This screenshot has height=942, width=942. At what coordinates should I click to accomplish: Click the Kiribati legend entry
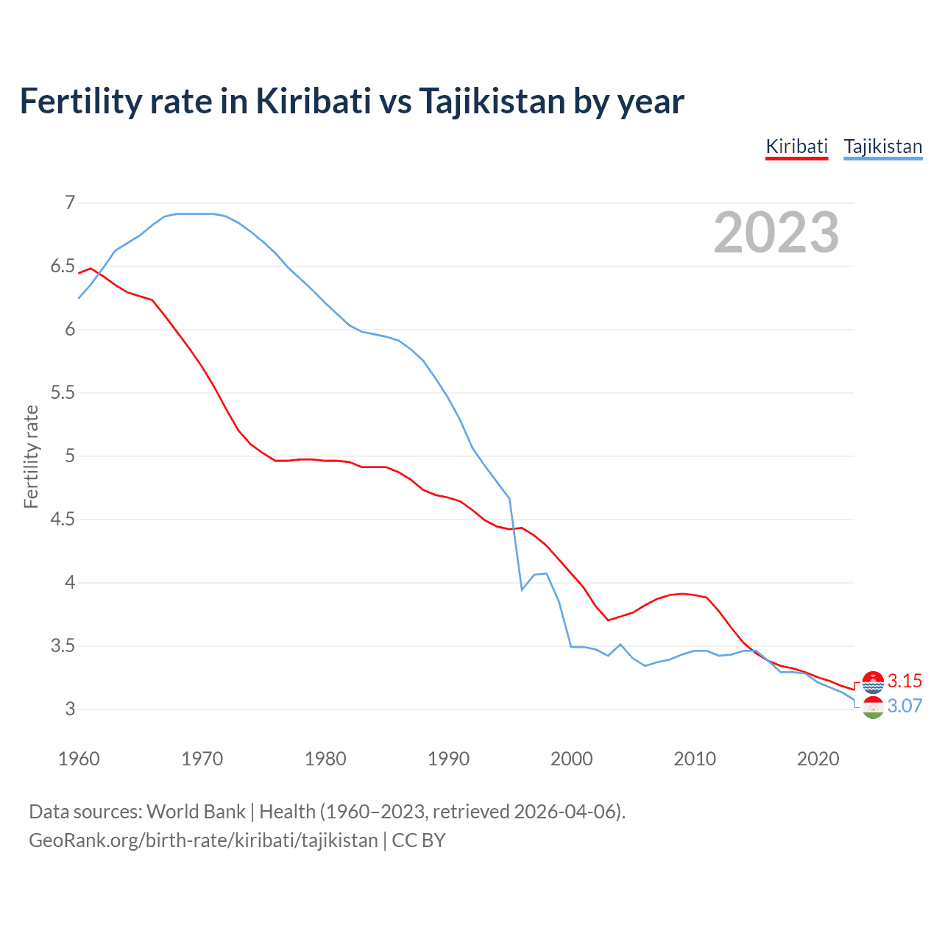click(797, 146)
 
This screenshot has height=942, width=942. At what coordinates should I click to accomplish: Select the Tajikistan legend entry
click(882, 146)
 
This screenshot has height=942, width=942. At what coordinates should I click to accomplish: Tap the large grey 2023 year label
click(776, 233)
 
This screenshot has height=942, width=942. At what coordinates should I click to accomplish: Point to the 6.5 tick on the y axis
click(63, 266)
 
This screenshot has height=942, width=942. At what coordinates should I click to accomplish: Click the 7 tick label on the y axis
click(71, 202)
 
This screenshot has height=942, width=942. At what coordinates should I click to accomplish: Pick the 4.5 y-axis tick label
click(63, 520)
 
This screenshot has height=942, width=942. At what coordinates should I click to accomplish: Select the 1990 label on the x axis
click(448, 759)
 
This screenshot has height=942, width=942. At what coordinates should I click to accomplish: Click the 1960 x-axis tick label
click(79, 759)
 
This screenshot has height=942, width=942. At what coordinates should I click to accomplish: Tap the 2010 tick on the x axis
click(695, 759)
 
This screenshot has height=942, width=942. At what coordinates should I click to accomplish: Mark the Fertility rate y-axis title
click(31, 456)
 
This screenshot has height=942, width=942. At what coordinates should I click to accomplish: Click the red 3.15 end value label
click(904, 681)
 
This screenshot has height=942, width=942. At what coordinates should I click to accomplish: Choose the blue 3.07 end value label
click(904, 706)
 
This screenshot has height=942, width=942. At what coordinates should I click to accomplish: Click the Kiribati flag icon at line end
click(873, 682)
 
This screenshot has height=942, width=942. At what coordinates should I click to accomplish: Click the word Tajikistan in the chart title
click(492, 101)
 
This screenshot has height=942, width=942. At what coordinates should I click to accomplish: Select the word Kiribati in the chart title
click(314, 101)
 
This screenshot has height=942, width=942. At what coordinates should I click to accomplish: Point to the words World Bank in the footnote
click(196, 812)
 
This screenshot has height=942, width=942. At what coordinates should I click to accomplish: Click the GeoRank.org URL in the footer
click(203, 840)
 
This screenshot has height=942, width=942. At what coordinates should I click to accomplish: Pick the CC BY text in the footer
click(419, 840)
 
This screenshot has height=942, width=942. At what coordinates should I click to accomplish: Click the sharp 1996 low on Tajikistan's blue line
click(522, 589)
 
